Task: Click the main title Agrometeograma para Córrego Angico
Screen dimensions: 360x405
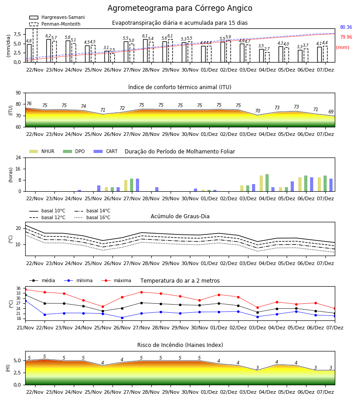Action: coord(180,8)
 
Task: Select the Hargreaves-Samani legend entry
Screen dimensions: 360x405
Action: coord(57,17)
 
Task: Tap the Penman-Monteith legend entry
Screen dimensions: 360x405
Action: coord(55,24)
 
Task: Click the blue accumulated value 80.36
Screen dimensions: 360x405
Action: coord(346,27)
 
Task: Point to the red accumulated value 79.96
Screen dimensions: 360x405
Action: coord(346,37)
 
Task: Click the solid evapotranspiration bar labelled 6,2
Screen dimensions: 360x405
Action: coord(49,50)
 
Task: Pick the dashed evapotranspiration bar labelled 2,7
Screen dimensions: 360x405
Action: coord(267,57)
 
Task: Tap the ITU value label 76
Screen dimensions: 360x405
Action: coord(29,103)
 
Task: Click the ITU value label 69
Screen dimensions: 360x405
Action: coord(331,112)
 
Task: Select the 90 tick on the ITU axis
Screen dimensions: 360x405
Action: coord(18,93)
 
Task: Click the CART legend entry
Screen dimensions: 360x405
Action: coord(106,151)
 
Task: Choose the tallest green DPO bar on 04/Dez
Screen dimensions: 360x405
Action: coord(267,183)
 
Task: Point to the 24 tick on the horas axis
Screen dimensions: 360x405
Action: coord(18,157)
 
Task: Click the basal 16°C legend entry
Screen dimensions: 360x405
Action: coord(92,217)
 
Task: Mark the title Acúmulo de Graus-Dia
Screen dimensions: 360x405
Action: coord(180,216)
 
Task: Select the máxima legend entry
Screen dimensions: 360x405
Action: coord(116,280)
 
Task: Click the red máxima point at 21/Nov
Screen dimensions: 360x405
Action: coord(25,289)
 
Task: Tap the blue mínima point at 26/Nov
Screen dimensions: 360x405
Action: coord(122,318)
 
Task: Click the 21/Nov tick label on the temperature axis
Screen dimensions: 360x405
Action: coord(25,328)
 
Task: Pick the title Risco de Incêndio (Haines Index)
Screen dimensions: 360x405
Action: coord(180,345)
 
